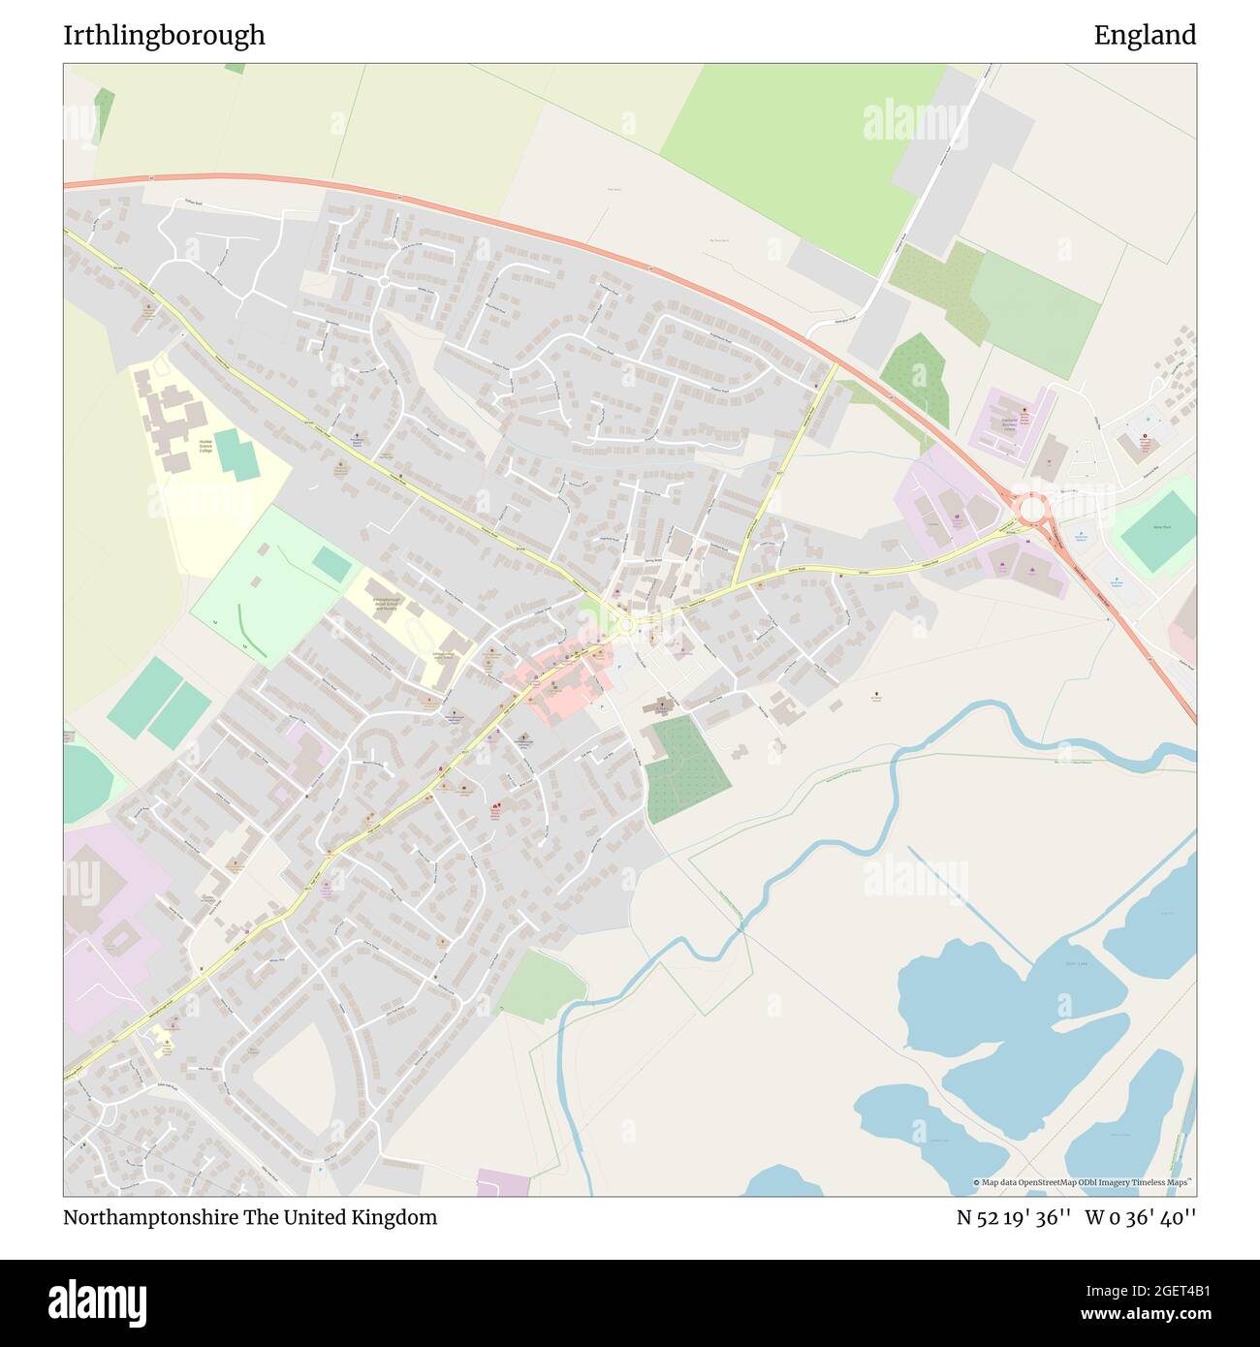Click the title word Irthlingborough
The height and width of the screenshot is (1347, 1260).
pyautogui.click(x=164, y=35)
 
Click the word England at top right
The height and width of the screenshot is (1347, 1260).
pyautogui.click(x=1145, y=35)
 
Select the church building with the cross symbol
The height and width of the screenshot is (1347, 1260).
pyautogui.click(x=662, y=705)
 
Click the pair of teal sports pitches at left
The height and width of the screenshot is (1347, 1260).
pyautogui.click(x=160, y=703)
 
